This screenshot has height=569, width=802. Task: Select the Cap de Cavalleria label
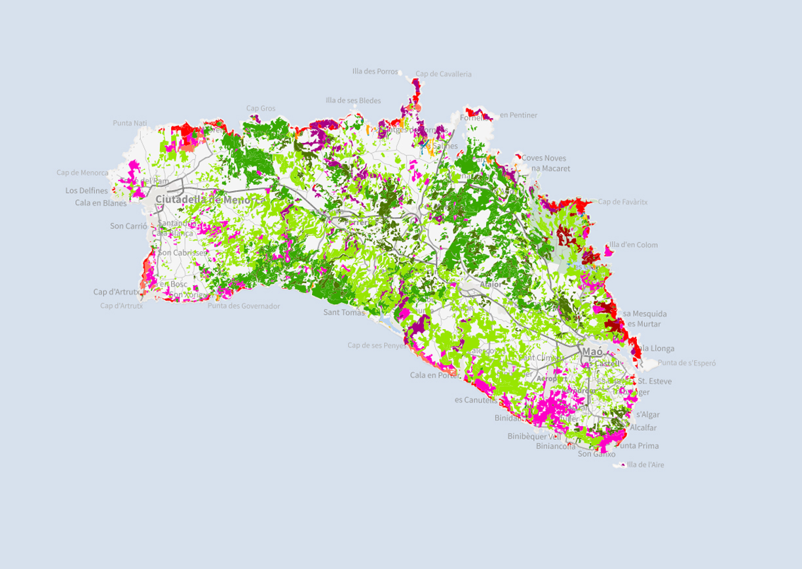444,75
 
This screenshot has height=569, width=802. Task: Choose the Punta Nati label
130,123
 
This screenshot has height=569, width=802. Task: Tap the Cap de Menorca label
83,173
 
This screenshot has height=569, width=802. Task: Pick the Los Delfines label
86,191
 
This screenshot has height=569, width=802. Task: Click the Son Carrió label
128,226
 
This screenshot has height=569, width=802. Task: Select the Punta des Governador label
244,306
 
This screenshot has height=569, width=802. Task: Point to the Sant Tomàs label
344,313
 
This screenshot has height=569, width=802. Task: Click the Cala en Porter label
435,376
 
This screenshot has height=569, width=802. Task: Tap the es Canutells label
476,400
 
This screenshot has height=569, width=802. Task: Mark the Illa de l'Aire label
649,465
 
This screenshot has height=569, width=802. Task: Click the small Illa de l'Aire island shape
620,465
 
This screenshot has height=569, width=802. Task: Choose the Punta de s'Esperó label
687,363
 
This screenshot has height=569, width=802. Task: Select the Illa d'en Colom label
633,245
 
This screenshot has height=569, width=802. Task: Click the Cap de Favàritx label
622,202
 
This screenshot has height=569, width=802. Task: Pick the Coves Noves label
544,158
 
